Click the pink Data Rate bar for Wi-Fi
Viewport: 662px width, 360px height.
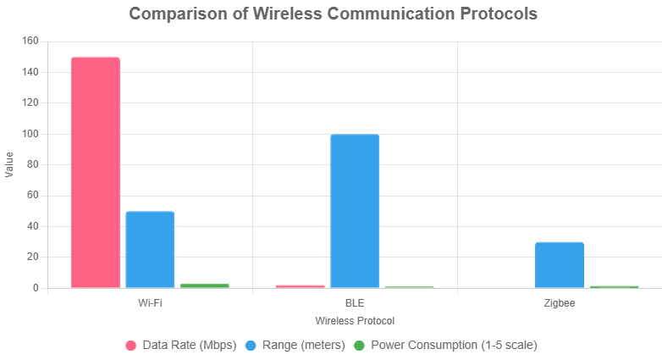click(x=95, y=173)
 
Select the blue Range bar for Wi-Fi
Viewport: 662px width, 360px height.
click(x=150, y=250)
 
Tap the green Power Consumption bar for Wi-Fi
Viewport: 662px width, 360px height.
click(x=204, y=285)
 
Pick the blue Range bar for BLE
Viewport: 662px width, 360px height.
click(x=355, y=211)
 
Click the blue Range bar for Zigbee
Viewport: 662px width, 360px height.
click(x=560, y=265)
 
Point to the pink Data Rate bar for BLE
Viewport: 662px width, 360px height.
click(x=300, y=286)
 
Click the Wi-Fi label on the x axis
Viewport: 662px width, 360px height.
click(x=150, y=302)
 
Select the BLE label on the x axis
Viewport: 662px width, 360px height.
click(x=355, y=302)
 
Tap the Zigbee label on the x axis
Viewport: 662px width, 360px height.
click(x=560, y=302)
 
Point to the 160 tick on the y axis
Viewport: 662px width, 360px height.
click(x=30, y=41)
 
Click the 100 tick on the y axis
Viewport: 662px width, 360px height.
click(x=30, y=134)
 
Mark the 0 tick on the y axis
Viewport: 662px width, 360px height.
click(x=36, y=288)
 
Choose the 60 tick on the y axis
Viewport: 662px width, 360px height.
click(x=33, y=196)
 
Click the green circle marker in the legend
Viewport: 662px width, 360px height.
click(x=359, y=346)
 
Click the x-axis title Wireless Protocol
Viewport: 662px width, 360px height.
click(x=355, y=322)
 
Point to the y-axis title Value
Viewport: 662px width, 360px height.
click(x=9, y=164)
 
